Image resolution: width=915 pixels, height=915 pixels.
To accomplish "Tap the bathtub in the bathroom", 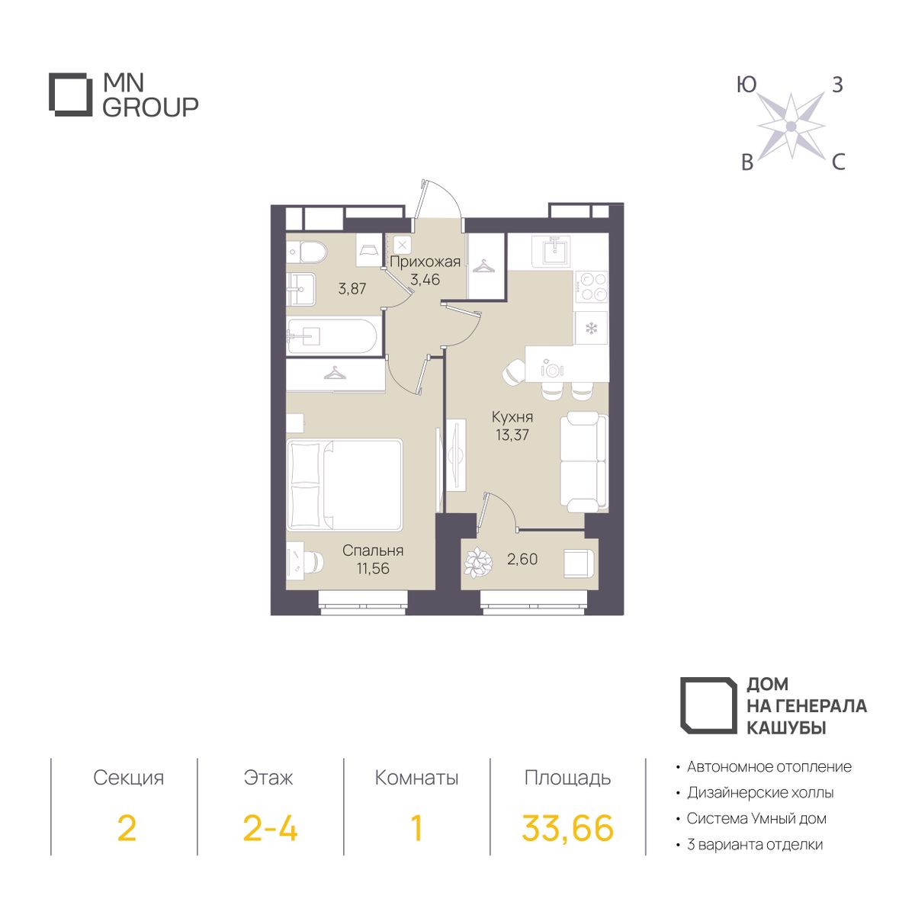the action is click(x=333, y=336).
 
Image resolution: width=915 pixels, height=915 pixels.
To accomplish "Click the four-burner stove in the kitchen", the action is click(x=592, y=287).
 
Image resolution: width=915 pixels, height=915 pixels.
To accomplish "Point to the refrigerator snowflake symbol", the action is click(x=591, y=328).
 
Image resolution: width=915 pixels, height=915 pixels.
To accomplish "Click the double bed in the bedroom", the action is click(x=345, y=484).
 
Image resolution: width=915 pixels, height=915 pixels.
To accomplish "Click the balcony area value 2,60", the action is click(x=522, y=560).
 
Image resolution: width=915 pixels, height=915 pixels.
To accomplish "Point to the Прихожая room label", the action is click(x=425, y=262).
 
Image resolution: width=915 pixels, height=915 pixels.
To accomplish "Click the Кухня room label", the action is click(x=512, y=417).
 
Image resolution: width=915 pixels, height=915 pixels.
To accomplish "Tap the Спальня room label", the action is click(x=373, y=551).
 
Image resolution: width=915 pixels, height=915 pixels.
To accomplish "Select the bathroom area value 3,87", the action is click(x=352, y=289).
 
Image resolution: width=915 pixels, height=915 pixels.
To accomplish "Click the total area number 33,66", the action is click(x=567, y=829).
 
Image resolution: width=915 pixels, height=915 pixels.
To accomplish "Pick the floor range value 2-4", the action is click(x=270, y=827).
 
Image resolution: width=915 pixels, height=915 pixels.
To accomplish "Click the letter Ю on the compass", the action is click(x=746, y=85).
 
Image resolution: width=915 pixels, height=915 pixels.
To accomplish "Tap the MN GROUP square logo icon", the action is click(x=71, y=95).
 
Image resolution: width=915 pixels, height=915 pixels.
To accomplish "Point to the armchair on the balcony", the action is click(x=578, y=563).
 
